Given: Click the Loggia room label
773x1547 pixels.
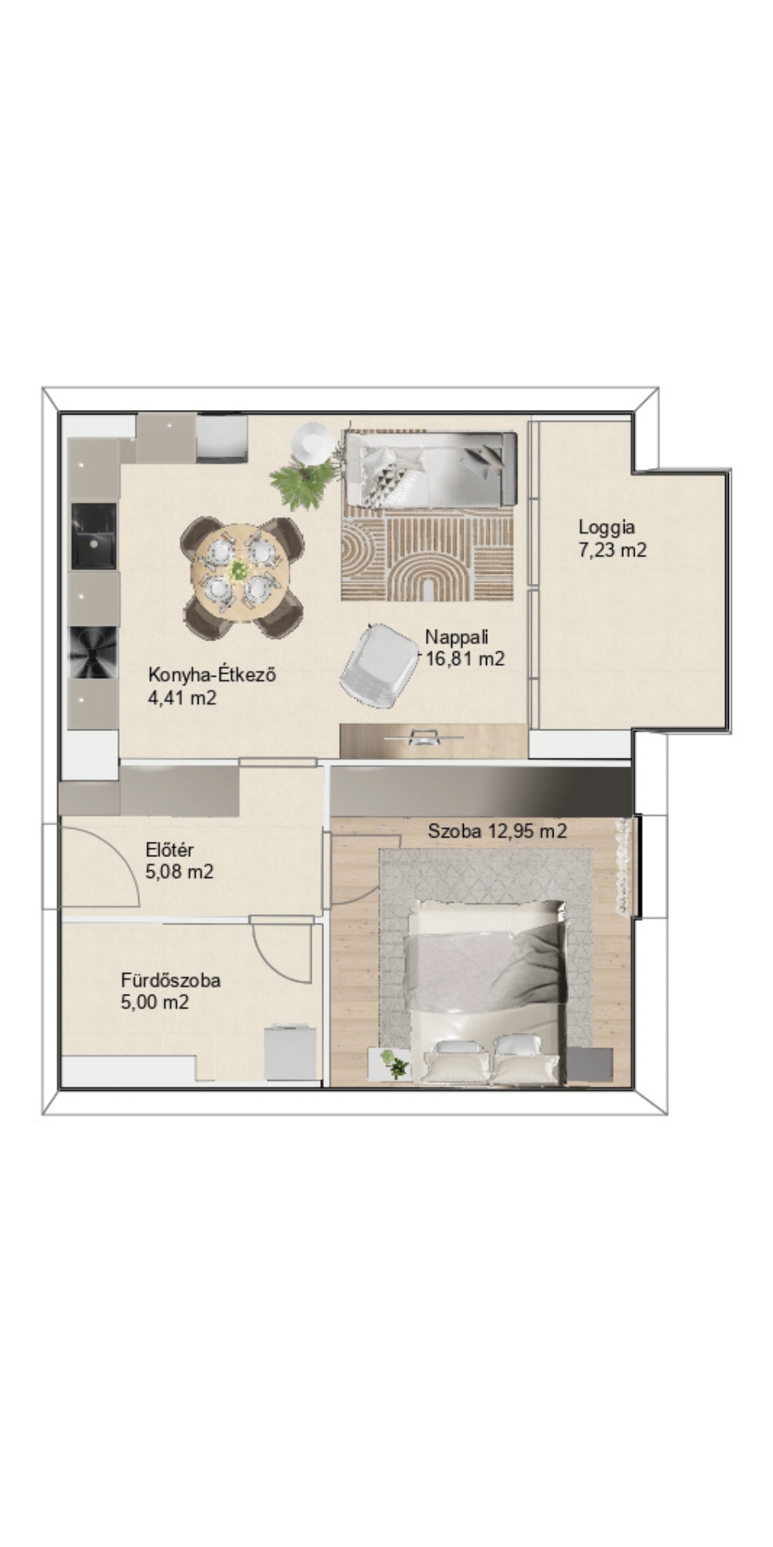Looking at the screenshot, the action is (607, 528).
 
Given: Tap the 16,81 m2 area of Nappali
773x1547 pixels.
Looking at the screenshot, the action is (465, 659).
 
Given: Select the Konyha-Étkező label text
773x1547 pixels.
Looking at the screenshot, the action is (213, 674).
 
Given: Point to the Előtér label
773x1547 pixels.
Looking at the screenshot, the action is (169, 850).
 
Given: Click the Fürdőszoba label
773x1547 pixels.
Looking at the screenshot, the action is (170, 980).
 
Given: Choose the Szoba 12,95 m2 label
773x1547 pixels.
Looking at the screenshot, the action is (498, 832).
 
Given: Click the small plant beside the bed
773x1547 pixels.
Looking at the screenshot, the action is (395, 1064).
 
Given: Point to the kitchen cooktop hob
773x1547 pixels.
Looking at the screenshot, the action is (94, 653).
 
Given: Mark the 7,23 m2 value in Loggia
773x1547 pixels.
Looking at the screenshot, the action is (612, 550).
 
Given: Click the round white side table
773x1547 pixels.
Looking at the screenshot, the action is (313, 443).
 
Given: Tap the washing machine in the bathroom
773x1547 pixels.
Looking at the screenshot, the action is (291, 1052).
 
